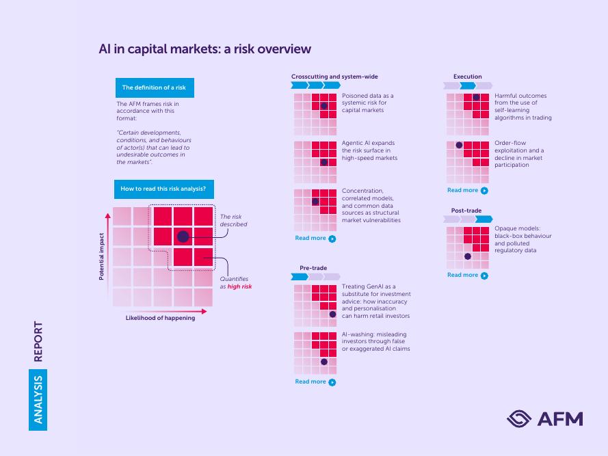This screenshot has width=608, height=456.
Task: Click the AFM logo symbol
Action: (x=519, y=419)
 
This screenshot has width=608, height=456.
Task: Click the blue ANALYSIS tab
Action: (x=38, y=400)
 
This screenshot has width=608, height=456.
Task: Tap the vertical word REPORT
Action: (x=38, y=342)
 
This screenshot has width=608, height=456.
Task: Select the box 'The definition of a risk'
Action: (x=155, y=88)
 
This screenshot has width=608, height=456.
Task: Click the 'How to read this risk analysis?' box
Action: (x=163, y=189)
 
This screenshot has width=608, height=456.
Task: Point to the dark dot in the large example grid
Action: (x=183, y=237)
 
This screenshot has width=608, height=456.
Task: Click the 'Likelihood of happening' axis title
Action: (x=160, y=318)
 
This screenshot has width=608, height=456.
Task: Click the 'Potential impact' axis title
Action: (x=102, y=256)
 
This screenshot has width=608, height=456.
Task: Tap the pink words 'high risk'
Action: (x=239, y=286)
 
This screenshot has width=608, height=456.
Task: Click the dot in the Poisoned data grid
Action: (x=324, y=106)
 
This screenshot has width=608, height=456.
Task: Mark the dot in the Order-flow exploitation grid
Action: (x=459, y=145)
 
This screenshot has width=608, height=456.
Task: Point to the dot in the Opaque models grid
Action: (x=468, y=256)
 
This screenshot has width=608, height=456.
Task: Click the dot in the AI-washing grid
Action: (x=324, y=362)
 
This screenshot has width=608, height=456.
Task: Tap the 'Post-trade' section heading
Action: (x=466, y=211)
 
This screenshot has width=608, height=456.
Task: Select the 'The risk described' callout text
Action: (x=233, y=220)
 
